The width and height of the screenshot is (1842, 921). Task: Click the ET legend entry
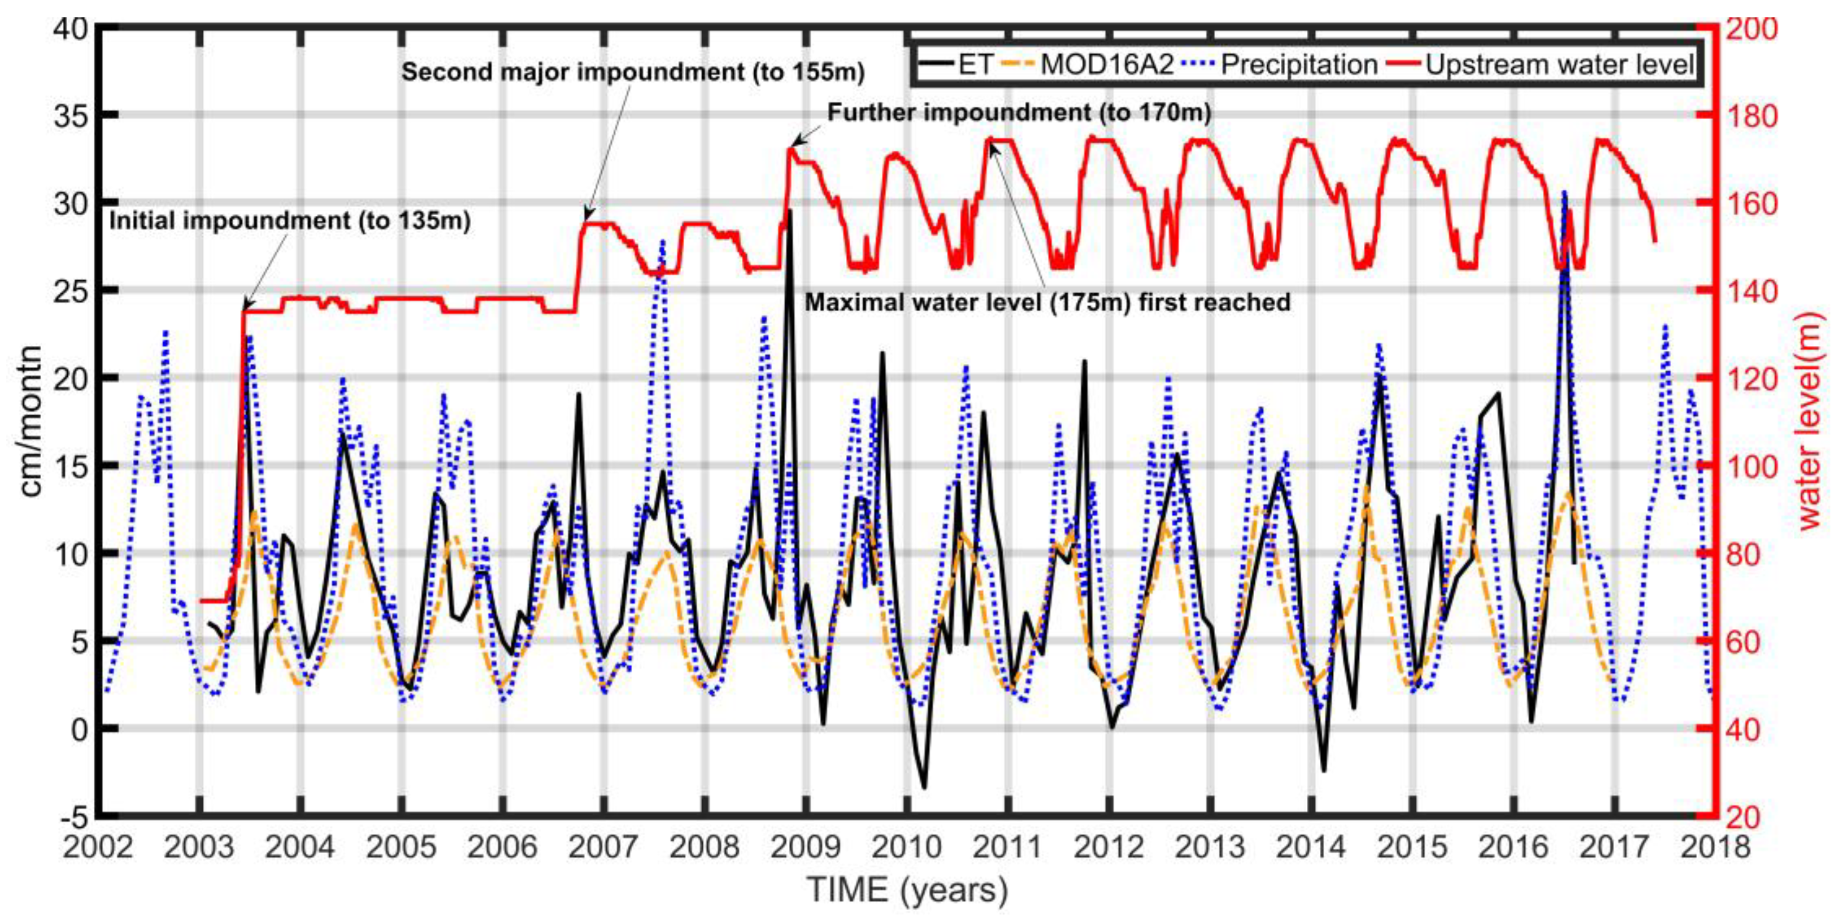coord(958,65)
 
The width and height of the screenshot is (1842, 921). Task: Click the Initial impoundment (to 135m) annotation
coord(290,220)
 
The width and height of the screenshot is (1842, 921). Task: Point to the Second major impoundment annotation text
coord(633,72)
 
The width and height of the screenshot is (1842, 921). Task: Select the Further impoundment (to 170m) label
coord(1019,113)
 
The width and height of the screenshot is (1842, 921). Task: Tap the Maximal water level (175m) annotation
coord(1048,302)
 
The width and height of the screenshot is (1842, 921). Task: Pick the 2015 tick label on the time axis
coord(1412,848)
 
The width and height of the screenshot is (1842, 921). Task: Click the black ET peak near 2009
coord(790,211)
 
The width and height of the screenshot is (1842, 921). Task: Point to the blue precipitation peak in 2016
coord(1564,192)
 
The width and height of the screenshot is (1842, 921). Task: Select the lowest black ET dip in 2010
coord(925,787)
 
